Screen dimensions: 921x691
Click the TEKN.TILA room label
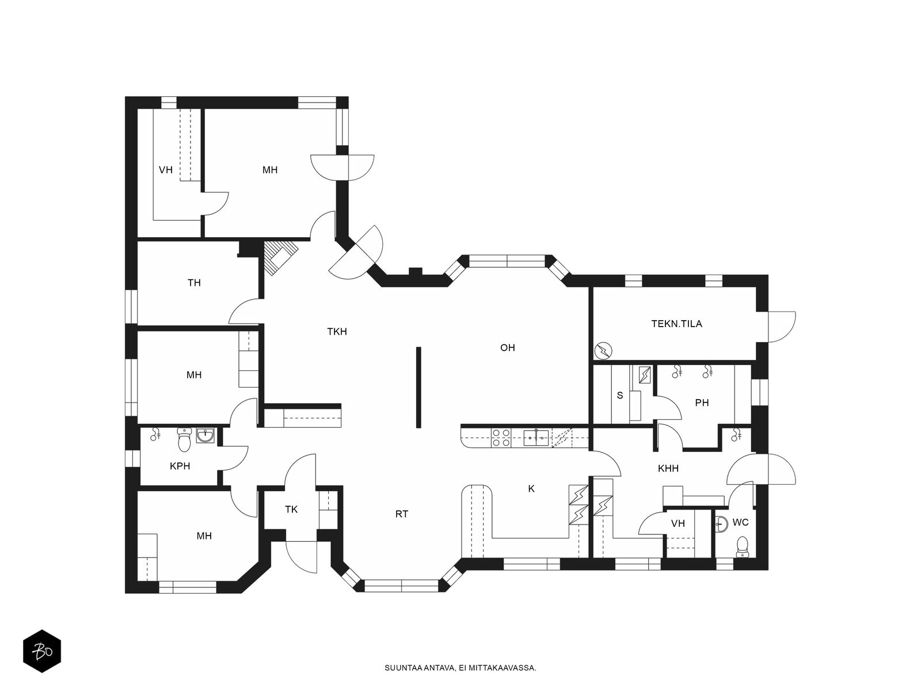676,324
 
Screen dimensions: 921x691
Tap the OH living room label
507,347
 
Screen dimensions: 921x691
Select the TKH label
337,332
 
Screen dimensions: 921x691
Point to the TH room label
194,283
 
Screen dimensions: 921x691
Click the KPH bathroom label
180,466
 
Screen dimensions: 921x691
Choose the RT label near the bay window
402,514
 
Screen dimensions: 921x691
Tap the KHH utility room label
668,468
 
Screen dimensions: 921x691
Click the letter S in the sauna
620,395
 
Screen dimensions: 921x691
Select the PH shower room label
702,403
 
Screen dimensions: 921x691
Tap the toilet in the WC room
742,547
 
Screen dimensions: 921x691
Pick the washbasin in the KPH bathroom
205,435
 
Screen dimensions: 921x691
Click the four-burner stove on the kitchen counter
501,438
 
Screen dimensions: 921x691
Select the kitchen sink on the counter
536,438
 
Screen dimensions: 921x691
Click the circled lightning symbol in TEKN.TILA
603,351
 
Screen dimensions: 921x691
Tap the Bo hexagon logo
42,651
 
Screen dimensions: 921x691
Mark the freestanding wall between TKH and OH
418,387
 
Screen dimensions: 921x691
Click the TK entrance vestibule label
291,510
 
